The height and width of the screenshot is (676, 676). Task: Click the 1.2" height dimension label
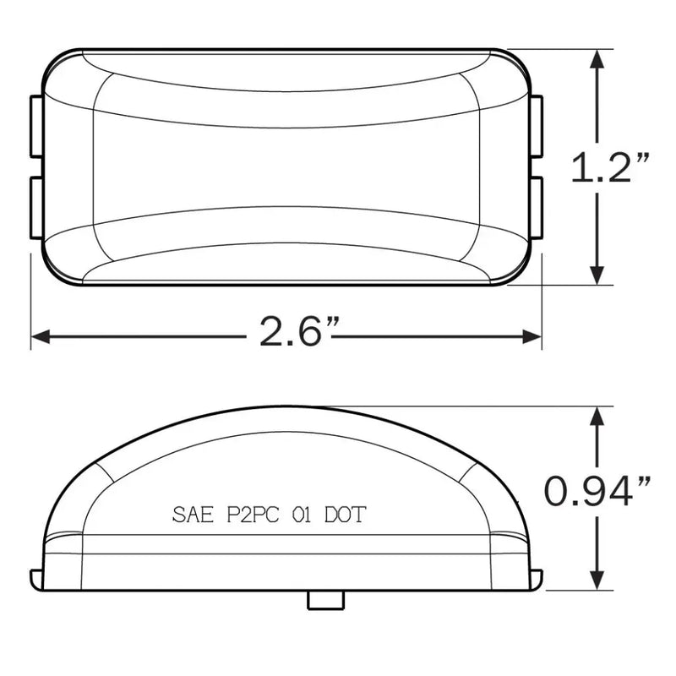tap(609, 167)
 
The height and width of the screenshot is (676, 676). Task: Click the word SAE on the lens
tap(193, 515)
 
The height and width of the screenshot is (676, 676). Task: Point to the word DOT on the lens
tap(345, 515)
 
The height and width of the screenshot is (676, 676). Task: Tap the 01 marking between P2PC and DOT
tap(302, 515)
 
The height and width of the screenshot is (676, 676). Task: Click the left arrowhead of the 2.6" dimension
tap(41, 336)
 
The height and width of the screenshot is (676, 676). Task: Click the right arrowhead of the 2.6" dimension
tap(532, 336)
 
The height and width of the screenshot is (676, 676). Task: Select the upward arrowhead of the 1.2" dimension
tap(597, 59)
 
